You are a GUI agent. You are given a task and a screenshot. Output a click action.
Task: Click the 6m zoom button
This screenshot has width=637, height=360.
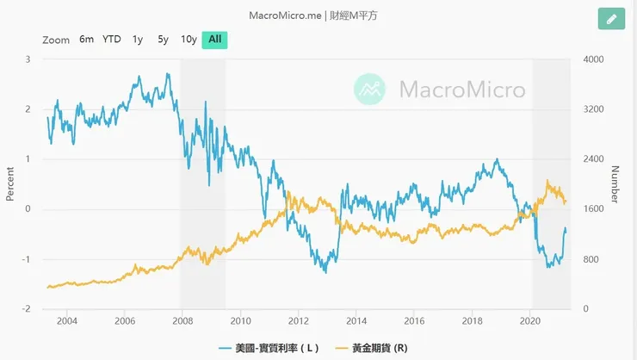coord(86,40)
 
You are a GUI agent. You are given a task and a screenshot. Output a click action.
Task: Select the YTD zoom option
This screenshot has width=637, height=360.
coord(112,40)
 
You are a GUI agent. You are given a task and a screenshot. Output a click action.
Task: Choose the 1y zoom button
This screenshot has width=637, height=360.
coord(138,40)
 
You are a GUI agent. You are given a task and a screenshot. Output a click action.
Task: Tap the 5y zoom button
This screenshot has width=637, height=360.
coord(163,40)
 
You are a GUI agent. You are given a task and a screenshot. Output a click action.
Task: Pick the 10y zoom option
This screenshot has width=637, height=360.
coord(189,40)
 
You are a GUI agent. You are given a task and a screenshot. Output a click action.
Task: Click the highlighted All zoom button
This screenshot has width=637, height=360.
coord(214,40)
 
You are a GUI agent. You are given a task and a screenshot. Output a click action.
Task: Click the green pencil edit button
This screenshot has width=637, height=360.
coord(611,19)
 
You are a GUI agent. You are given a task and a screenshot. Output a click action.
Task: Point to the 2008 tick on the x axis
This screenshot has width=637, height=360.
coord(182,320)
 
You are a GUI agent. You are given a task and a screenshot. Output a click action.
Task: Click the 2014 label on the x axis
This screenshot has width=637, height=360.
coord(356,320)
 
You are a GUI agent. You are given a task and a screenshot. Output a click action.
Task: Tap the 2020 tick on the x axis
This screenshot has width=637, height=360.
coord(530,320)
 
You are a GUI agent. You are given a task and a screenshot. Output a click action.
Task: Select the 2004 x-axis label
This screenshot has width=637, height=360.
coord(66,320)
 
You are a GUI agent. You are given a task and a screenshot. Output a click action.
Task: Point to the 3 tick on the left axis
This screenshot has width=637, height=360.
coord(28,59)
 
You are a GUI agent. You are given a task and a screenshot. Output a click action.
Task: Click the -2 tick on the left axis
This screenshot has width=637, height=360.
coord(27,309)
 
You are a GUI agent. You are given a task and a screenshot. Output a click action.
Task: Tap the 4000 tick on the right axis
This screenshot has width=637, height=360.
coord(595,59)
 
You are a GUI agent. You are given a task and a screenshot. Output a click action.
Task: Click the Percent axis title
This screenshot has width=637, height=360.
coord(10,183)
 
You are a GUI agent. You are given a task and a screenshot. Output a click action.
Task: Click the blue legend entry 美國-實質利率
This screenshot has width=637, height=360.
coord(269,348)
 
